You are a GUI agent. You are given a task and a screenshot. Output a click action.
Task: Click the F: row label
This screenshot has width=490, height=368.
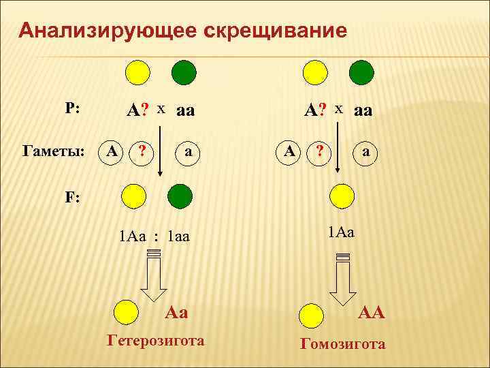pos(73,197)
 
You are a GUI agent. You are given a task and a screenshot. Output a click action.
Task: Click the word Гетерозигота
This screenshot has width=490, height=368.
pos(156,340)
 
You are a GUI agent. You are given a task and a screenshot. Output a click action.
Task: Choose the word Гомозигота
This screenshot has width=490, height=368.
pos(343,344)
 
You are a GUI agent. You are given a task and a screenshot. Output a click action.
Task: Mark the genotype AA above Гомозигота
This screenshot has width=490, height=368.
pos(372,313)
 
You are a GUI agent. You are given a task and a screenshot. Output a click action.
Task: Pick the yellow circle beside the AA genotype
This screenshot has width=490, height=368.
pos(314,314)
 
